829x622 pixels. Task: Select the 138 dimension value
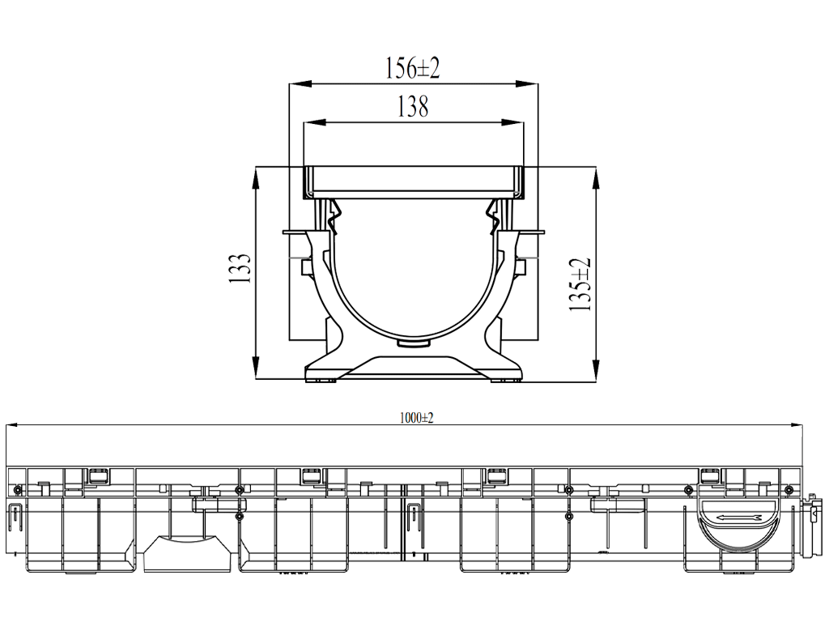[x=413, y=107]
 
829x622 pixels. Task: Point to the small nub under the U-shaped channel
[x=414, y=344]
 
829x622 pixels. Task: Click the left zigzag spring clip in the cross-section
[x=334, y=216]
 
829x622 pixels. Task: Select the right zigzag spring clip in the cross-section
[x=493, y=216]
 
